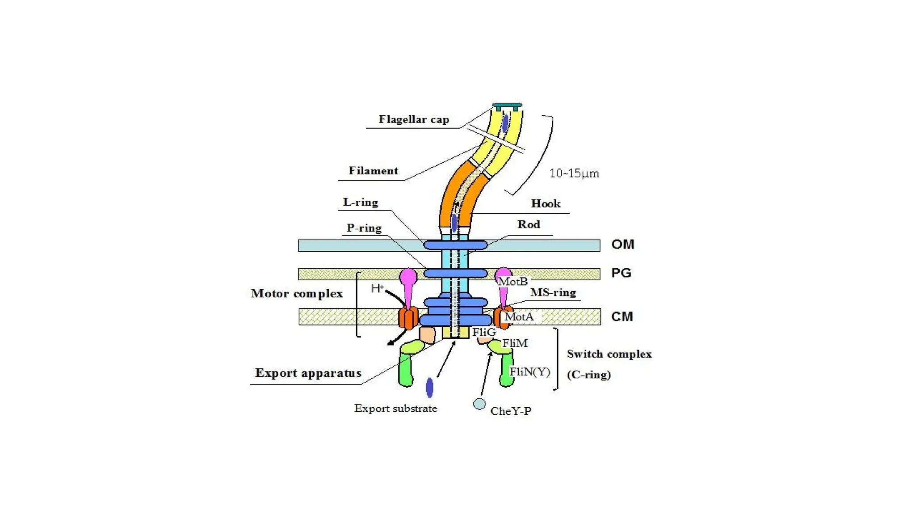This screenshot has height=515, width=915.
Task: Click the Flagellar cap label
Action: [x=414, y=119]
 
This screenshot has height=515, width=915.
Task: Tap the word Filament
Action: [x=373, y=171]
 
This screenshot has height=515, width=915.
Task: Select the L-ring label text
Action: [x=361, y=203]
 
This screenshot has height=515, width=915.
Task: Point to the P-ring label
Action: [x=364, y=228]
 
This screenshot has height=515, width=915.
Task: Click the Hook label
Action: [x=546, y=204]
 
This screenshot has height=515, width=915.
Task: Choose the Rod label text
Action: [x=529, y=224]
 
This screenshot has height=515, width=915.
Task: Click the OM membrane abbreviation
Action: [x=623, y=245]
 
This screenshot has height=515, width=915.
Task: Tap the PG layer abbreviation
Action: [x=621, y=273]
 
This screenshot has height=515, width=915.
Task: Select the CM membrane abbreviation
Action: [x=622, y=317]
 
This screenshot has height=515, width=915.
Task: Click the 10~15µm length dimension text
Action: [x=574, y=173]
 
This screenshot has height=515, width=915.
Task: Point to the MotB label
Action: [x=513, y=282]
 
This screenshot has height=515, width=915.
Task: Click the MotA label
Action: [x=519, y=317]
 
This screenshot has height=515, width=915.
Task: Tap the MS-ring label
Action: [x=553, y=293]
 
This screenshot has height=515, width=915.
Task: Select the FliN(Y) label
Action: [x=530, y=372]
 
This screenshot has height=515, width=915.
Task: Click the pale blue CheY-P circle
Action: [x=479, y=404]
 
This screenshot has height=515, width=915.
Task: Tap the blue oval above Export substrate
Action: [x=430, y=388]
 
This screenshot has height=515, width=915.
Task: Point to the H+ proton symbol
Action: [x=377, y=288]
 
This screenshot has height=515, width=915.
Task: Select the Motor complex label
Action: [x=297, y=294]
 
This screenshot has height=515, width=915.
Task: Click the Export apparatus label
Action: [x=308, y=373]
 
